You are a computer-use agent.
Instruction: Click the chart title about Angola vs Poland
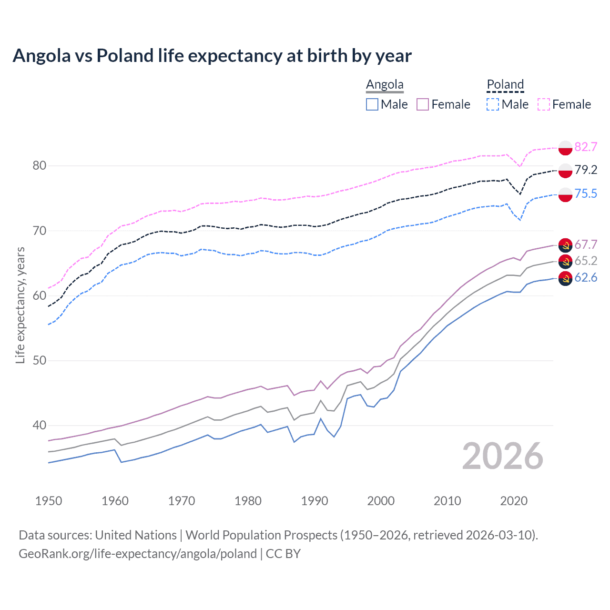[212, 56]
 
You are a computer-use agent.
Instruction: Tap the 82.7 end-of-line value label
[586, 147]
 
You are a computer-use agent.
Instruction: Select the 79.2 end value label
[586, 170]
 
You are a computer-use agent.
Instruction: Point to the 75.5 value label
[586, 193]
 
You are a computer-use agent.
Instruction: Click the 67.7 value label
[586, 244]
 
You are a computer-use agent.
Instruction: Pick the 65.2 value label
[586, 261]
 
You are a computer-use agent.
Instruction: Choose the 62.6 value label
[586, 277]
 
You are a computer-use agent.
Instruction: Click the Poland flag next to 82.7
[565, 148]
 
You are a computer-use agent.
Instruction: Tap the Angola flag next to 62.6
[565, 278]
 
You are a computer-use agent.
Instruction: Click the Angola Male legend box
[372, 104]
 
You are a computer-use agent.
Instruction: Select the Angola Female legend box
[423, 104]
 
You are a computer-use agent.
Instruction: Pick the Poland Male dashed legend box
[493, 104]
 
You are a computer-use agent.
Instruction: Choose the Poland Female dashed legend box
[544, 104]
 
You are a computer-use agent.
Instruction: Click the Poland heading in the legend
[505, 84]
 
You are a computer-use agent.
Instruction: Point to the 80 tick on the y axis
[39, 166]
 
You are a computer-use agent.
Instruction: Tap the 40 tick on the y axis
[39, 425]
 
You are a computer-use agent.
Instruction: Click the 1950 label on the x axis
[49, 501]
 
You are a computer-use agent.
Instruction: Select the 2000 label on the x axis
[381, 501]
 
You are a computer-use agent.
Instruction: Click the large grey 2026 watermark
[502, 456]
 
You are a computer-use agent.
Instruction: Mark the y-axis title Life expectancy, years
[20, 305]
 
